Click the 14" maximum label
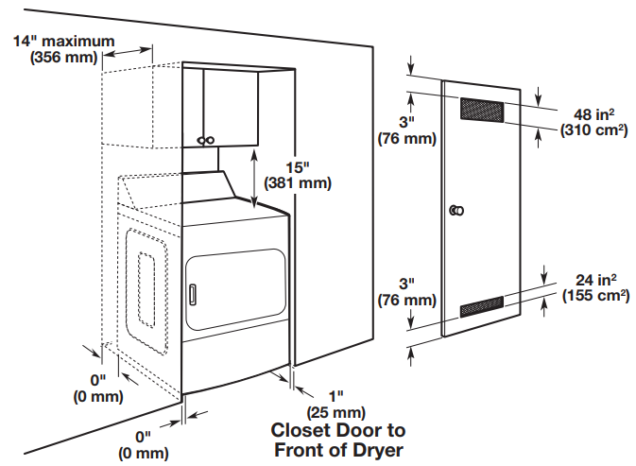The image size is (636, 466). [x=64, y=42]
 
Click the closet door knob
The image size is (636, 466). [x=457, y=209]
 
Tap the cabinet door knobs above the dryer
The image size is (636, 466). [x=205, y=141]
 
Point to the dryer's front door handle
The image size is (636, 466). [x=193, y=292]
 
